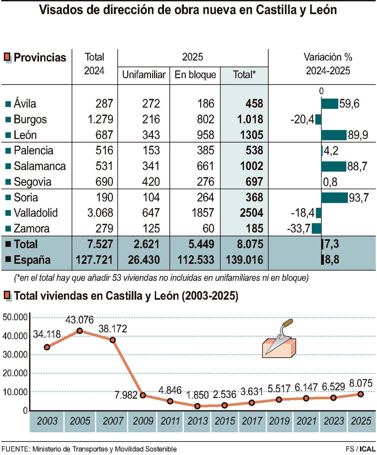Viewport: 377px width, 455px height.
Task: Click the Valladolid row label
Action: pyautogui.click(x=35, y=213)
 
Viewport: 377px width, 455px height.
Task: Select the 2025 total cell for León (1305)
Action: pyautogui.click(x=250, y=135)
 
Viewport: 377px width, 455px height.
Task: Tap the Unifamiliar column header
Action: pyautogui.click(x=144, y=75)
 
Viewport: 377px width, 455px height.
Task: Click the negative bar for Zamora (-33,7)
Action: pyautogui.click(x=317, y=228)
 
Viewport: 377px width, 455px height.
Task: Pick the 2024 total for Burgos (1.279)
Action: pyautogui.click(x=100, y=119)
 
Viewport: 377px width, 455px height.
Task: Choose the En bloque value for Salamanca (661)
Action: pyautogui.click(x=206, y=166)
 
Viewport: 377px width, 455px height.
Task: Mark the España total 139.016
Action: pyautogui.click(x=245, y=260)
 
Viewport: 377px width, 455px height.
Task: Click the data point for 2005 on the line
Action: pyautogui.click(x=80, y=331)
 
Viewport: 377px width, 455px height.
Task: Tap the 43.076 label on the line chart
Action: pyautogui.click(x=80, y=320)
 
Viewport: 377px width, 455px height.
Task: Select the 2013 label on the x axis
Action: pyautogui.click(x=197, y=421)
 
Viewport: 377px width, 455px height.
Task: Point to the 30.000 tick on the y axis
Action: pyautogui.click(x=15, y=355)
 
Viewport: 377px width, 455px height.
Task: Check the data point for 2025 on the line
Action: pyautogui.click(x=361, y=394)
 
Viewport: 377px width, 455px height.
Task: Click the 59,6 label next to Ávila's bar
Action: pyautogui.click(x=349, y=104)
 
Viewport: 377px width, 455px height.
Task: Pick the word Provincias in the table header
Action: pyautogui.click(x=40, y=58)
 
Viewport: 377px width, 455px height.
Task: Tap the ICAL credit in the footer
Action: pyautogui.click(x=367, y=449)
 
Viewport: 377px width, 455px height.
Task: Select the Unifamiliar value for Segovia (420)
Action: pyautogui.click(x=151, y=182)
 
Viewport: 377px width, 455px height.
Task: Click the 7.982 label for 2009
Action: pyautogui.click(x=126, y=395)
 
